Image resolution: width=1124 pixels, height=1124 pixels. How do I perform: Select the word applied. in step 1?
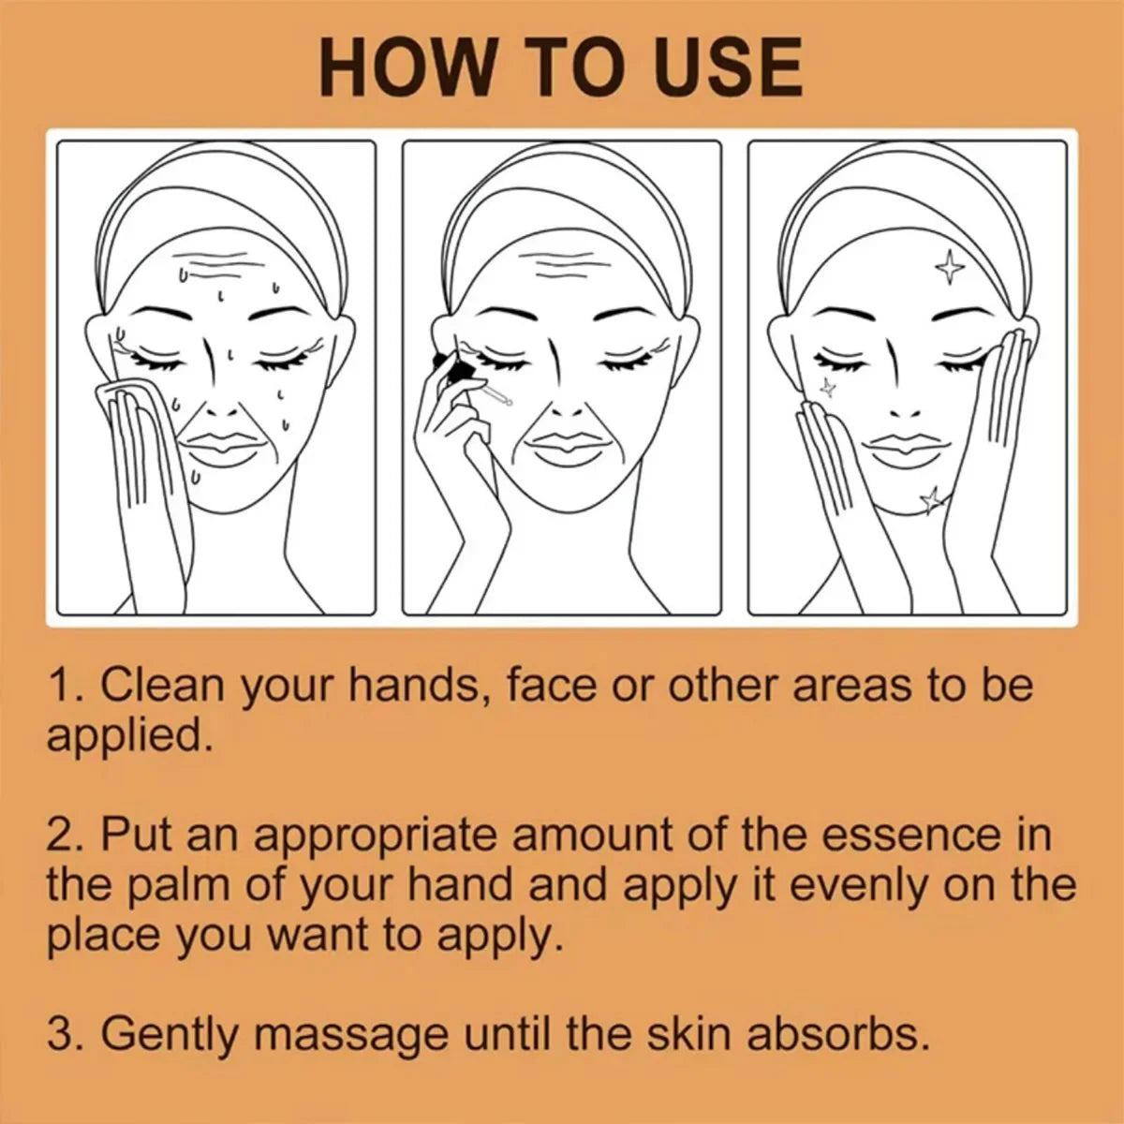pos(128,737)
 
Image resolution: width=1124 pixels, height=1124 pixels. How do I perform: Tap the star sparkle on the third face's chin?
pos(931,500)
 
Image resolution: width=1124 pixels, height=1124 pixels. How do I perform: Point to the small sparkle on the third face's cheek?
pos(826,386)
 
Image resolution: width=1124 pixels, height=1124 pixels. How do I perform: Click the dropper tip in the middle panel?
pos(508,402)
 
